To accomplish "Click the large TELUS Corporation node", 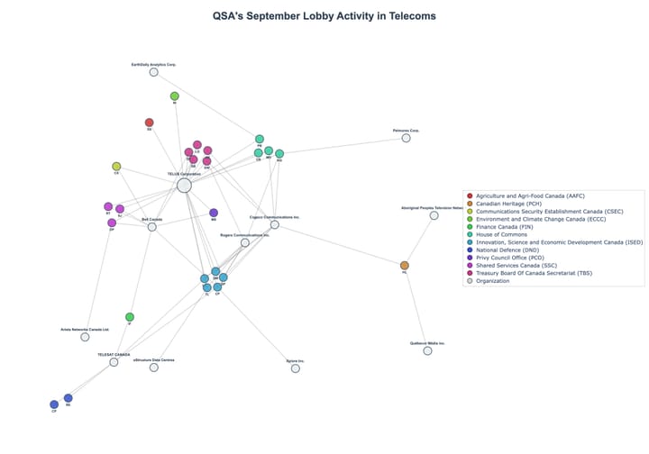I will pyautogui.click(x=184, y=186).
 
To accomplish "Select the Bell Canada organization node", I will pyautogui.click(x=152, y=227).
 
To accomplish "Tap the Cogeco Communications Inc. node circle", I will pyautogui.click(x=275, y=224).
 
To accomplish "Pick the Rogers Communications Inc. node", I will pyautogui.click(x=245, y=242).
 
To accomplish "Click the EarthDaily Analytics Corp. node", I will pyautogui.click(x=154, y=72).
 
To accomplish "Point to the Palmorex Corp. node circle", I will pyautogui.click(x=407, y=138).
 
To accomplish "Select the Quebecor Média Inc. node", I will pyautogui.click(x=428, y=350).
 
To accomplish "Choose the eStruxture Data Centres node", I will pyautogui.click(x=154, y=368).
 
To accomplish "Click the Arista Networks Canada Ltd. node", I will pyautogui.click(x=86, y=337).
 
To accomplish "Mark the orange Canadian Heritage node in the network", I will pyautogui.click(x=405, y=266).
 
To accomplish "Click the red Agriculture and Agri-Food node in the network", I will pyautogui.click(x=150, y=123).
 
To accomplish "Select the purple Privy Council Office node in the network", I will pyautogui.click(x=214, y=213).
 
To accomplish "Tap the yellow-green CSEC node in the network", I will pyautogui.click(x=116, y=167).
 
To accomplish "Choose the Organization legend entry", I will pyautogui.click(x=492, y=280).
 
